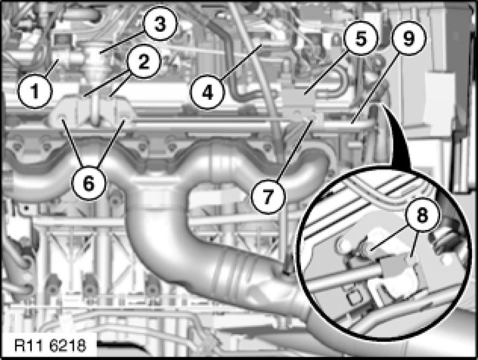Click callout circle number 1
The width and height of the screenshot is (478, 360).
coord(35,91)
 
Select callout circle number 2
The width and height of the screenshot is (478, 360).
coord(143,61)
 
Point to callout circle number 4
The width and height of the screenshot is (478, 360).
coord(207,92)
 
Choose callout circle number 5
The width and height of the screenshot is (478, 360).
coord(361,38)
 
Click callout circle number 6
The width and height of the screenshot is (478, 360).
coord(88,184)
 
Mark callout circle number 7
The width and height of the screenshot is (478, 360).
coord(268,197)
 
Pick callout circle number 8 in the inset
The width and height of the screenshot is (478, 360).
coord(422,215)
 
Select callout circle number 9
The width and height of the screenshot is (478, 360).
coord(409,38)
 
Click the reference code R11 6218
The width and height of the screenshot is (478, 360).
coord(50,345)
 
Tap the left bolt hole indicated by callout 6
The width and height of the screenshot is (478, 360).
coord(61,117)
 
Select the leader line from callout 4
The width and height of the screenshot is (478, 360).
coord(241,62)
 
